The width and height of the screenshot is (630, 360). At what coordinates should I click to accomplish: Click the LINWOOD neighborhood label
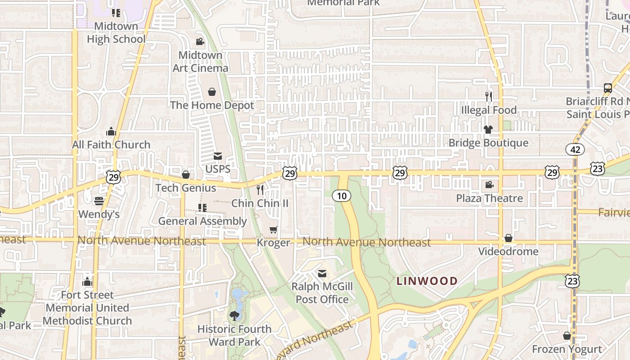click(x=427, y=281)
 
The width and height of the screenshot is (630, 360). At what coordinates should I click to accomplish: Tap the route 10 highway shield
click(x=342, y=195)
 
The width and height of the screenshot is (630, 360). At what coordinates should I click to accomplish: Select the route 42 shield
click(x=575, y=149)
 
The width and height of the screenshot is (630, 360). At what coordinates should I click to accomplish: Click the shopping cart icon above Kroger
click(x=273, y=230)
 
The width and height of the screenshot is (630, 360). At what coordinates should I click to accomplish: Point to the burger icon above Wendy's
click(x=99, y=201)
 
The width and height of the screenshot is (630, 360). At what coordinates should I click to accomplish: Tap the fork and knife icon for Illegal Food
click(x=489, y=96)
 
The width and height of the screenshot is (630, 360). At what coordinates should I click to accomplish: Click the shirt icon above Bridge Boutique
click(x=488, y=130)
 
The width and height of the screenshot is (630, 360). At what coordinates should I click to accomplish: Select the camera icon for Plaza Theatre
click(x=489, y=185)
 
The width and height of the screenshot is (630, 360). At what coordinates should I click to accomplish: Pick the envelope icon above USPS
click(x=218, y=156)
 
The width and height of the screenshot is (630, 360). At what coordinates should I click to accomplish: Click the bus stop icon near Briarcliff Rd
click(x=607, y=88)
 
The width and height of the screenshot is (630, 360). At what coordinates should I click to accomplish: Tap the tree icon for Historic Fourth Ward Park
click(x=234, y=315)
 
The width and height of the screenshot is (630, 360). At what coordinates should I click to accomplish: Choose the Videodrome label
click(x=508, y=251)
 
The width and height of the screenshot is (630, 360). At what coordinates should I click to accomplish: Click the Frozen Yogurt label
click(x=567, y=349)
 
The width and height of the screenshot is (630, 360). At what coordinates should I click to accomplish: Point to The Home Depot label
click(x=212, y=105)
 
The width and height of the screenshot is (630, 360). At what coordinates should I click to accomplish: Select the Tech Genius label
click(x=185, y=188)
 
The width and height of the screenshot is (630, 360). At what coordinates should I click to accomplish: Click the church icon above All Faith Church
click(x=111, y=131)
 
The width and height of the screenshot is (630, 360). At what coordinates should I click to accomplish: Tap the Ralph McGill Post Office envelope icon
click(x=322, y=274)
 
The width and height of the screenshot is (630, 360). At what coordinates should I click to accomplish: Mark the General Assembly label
click(x=202, y=221)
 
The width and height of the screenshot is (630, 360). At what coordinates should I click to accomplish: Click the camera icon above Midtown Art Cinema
click(x=200, y=42)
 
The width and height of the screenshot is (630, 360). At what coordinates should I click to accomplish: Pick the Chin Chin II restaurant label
click(x=260, y=203)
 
